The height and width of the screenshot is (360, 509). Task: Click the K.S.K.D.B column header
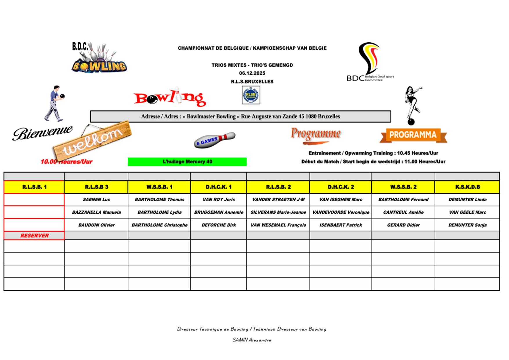[467, 187]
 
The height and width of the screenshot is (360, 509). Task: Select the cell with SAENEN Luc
[96, 199]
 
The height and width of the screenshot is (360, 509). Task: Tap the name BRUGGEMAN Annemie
[219, 212]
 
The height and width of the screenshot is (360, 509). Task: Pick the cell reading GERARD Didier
[403, 225]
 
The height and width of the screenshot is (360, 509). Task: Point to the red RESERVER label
[35, 235]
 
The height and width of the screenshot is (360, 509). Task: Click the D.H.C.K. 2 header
[341, 187]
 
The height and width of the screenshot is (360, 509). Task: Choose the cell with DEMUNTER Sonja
[467, 225]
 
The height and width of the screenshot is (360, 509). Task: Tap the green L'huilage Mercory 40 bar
[187, 162]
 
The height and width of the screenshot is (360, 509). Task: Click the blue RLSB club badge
[251, 95]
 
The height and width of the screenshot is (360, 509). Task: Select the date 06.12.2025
[252, 73]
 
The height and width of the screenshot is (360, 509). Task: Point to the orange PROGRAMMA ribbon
[413, 135]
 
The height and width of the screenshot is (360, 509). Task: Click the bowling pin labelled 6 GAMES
[214, 140]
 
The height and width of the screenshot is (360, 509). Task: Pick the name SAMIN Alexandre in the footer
[252, 340]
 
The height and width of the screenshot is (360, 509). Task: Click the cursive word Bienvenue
[42, 133]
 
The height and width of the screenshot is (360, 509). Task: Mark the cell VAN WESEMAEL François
[278, 225]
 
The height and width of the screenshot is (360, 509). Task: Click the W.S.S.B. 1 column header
[159, 187]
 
